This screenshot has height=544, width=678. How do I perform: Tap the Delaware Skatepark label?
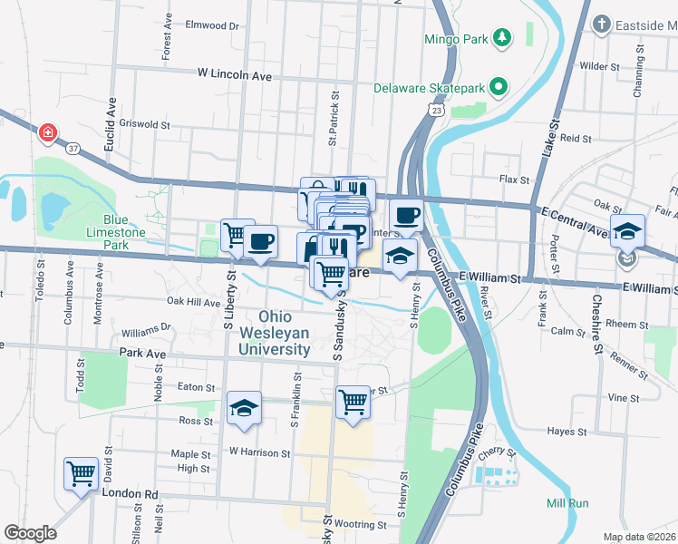pyautogui.click(x=430, y=88)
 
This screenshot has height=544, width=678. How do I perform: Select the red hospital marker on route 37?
pyautogui.click(x=47, y=134)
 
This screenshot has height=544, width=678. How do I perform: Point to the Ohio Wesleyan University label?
pyautogui.click(x=285, y=332)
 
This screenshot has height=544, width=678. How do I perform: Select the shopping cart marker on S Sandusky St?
pyautogui.click(x=352, y=401)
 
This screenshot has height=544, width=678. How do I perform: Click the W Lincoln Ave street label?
pyautogui.click(x=235, y=75)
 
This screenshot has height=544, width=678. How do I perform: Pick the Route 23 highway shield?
pyautogui.click(x=437, y=110)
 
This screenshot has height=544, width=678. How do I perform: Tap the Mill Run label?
pyautogui.click(x=567, y=503)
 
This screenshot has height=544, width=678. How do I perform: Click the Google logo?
pyautogui.click(x=30, y=532)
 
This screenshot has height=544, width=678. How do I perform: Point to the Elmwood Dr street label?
pyautogui.click(x=211, y=26)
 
